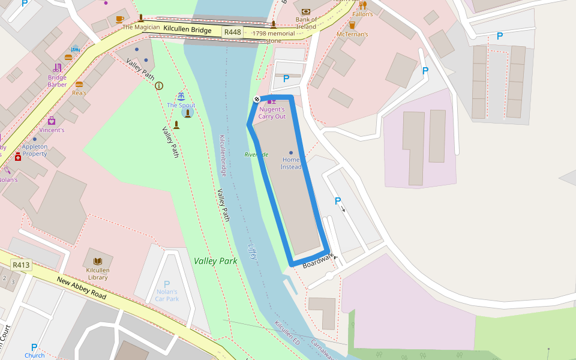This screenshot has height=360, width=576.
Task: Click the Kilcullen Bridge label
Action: pyautogui.click(x=187, y=29)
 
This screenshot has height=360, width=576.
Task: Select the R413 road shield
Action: pyautogui.click(x=21, y=265)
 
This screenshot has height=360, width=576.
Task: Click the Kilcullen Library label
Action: pyautogui.click(x=98, y=274)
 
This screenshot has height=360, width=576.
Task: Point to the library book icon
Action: pyautogui.click(x=98, y=262)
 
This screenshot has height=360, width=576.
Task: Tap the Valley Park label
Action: pyautogui.click(x=215, y=261)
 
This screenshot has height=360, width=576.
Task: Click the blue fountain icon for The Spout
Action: pyautogui.click(x=181, y=97)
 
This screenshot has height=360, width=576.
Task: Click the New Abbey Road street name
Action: pyautogui.click(x=82, y=289)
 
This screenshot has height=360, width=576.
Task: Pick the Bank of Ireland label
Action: pyautogui.click(x=306, y=23)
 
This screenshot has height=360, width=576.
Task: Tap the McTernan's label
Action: pyautogui.click(x=352, y=34)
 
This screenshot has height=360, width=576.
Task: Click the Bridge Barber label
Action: pyautogui.click(x=58, y=81)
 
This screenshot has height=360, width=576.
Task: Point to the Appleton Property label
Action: pyautogui.click(x=35, y=150)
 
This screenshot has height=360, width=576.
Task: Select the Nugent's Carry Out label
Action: pyautogui.click(x=272, y=113)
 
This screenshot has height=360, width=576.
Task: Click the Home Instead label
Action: pyautogui.click(x=291, y=163)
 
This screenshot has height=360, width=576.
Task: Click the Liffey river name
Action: pyautogui.click(x=253, y=251)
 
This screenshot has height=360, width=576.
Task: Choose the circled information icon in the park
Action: pyautogui.click(x=159, y=86)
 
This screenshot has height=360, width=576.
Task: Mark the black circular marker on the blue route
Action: pyautogui.click(x=257, y=98)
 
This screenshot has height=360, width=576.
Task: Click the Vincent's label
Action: pyautogui.click(x=52, y=130)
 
